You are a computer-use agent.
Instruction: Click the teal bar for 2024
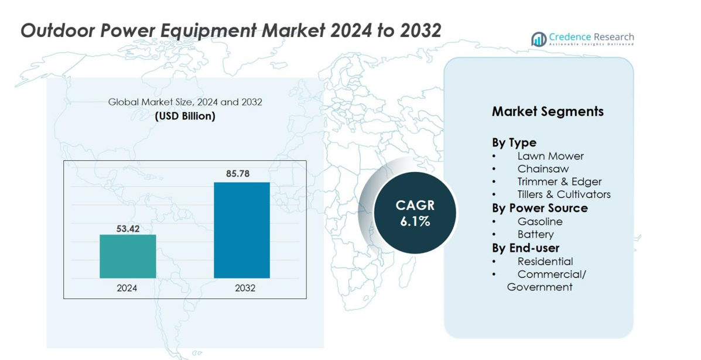(128, 256)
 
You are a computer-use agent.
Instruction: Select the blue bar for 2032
(242, 230)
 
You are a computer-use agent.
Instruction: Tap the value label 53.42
(128, 228)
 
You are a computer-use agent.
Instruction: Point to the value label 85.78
(242, 174)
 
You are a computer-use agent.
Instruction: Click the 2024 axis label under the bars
(127, 288)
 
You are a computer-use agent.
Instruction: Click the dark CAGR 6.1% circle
(415, 213)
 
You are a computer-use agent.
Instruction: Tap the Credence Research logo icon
(538, 39)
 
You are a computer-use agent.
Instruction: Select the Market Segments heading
(548, 111)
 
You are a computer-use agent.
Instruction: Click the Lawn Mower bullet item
(550, 156)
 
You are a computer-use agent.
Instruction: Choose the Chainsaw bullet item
(543, 169)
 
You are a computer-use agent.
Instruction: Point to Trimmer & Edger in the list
(559, 182)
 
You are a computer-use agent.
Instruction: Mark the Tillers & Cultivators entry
(563, 194)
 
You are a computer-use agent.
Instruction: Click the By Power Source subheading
(539, 208)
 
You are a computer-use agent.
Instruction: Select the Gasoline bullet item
(539, 221)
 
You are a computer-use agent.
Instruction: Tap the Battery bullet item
(535, 234)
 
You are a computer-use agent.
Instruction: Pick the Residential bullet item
(545, 261)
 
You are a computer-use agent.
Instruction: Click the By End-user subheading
(525, 248)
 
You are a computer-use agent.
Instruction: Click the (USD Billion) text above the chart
(185, 116)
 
